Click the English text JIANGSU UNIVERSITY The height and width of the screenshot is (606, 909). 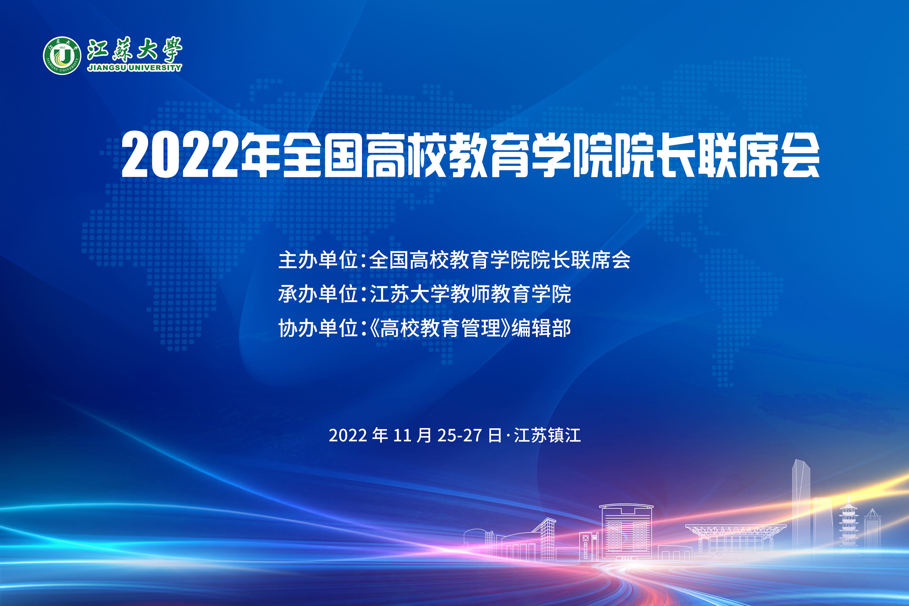[134, 68]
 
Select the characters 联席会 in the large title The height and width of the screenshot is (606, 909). [758, 155]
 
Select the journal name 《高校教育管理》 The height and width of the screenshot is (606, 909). [439, 328]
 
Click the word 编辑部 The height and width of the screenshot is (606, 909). [541, 328]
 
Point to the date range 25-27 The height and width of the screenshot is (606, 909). [459, 436]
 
